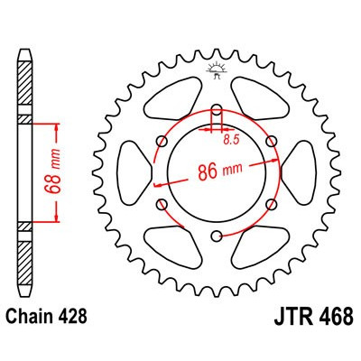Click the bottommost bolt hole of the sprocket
(217, 236)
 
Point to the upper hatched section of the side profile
(24, 86)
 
